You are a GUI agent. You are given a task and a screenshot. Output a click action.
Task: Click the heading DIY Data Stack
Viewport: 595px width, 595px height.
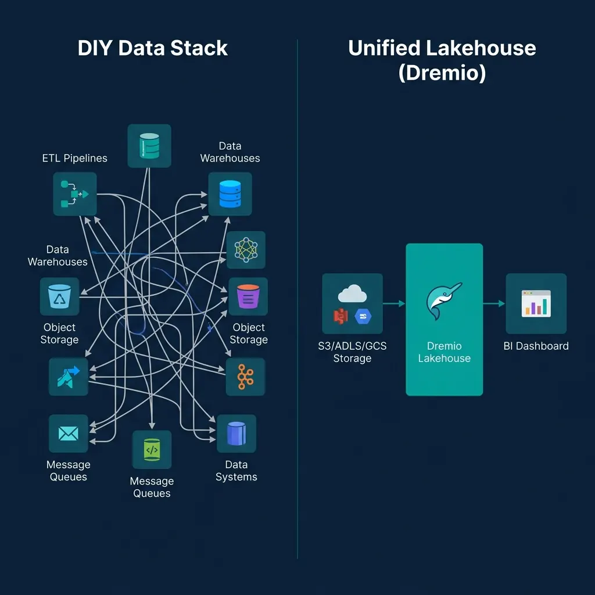(x=152, y=48)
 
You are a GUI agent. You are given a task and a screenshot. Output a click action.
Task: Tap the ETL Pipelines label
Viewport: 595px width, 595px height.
(x=75, y=158)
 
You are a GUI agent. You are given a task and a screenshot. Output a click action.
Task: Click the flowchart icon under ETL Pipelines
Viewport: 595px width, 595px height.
(x=75, y=194)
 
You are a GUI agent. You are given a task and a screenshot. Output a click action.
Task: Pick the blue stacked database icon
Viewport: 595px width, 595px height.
(x=230, y=194)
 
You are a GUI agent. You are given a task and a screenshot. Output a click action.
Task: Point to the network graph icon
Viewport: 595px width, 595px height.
(x=245, y=250)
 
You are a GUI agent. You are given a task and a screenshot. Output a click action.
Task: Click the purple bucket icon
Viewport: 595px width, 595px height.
(x=248, y=296)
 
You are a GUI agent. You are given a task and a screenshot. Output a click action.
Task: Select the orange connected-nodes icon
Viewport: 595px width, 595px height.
(x=245, y=377)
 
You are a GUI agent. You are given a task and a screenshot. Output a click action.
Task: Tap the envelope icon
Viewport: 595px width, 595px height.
(x=69, y=433)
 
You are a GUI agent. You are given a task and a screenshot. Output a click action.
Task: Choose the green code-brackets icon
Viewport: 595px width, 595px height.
(x=152, y=449)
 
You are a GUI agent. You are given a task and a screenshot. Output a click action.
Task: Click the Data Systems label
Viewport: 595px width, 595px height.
(x=236, y=471)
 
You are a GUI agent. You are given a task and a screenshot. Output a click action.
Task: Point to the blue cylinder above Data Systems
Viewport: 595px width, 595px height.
(x=236, y=433)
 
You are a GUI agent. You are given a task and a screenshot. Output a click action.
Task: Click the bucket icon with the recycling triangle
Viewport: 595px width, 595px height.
(x=59, y=297)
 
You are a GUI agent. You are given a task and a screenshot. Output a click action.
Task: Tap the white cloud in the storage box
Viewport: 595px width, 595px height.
(x=352, y=293)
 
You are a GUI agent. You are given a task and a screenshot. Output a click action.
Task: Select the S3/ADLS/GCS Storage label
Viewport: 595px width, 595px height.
(x=352, y=352)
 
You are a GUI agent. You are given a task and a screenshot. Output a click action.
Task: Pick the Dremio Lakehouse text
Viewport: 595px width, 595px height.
(x=444, y=352)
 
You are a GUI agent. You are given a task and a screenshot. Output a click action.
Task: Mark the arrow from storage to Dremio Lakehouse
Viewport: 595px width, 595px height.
(x=394, y=303)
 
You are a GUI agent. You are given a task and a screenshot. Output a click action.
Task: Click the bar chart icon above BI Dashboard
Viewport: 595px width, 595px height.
(x=536, y=303)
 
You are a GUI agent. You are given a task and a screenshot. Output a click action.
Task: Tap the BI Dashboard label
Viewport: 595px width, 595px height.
(x=536, y=346)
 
